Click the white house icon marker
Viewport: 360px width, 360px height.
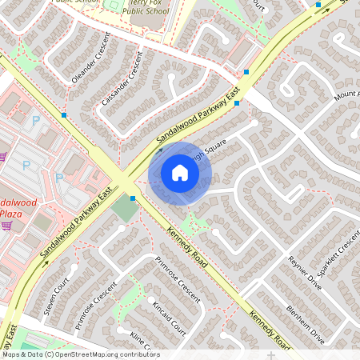pos(180,173)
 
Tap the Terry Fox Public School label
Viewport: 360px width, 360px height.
pos(145,7)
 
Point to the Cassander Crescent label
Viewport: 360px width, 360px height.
pos(122,79)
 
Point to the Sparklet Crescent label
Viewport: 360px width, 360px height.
pos(339,253)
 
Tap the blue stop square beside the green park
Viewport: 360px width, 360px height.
pos(133,198)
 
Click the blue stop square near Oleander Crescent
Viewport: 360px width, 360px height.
pos(64,115)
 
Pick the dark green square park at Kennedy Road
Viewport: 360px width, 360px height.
pos(125,210)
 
